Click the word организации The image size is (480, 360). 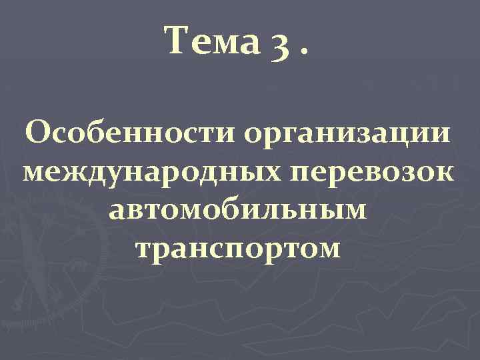point(347,131)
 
